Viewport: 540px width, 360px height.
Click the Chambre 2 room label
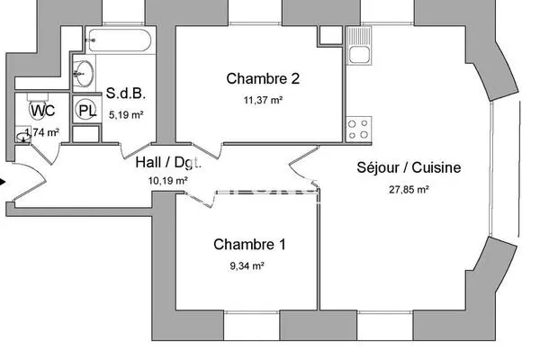(x=263, y=79)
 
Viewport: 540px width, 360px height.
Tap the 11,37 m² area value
(x=263, y=100)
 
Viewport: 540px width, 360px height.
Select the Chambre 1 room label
(x=249, y=245)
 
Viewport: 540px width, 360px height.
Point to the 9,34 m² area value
(x=247, y=266)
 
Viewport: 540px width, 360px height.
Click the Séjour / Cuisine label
(x=409, y=167)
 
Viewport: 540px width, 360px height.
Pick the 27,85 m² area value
(x=409, y=190)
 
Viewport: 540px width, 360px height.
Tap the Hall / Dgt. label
(x=168, y=163)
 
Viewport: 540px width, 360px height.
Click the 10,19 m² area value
(x=167, y=181)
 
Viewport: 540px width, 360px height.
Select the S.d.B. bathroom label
(x=126, y=94)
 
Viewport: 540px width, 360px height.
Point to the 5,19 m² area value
(x=126, y=114)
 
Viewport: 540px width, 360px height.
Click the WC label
(x=42, y=111)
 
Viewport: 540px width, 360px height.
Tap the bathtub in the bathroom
(x=119, y=40)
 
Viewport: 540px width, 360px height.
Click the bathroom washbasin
(x=84, y=74)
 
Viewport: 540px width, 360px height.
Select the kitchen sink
(x=359, y=46)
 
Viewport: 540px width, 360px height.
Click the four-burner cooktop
(x=358, y=129)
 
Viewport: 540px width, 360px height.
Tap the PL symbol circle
(x=85, y=110)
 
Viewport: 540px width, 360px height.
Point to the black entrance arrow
(x=3, y=182)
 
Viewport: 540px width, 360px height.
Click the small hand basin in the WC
(x=23, y=137)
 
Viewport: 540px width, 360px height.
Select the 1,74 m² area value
(x=42, y=132)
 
